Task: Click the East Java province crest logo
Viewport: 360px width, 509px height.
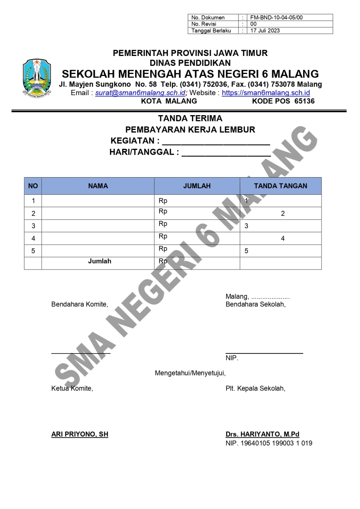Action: coord(37,77)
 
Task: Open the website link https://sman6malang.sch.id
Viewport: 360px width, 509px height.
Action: coord(266,93)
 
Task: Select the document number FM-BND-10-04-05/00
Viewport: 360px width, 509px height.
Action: coord(276,18)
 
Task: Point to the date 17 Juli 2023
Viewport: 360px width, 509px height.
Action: coord(265,30)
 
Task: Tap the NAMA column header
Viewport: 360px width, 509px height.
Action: coord(98,186)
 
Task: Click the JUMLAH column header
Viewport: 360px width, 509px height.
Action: coord(197,186)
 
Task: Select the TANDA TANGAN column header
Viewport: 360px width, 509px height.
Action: coord(280,186)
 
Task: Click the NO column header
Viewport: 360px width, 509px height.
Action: coord(33,186)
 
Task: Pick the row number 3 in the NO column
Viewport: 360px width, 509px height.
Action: coord(33,226)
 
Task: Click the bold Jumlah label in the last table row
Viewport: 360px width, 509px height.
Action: coord(100,261)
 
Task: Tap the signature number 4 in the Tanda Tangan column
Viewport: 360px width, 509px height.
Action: coord(283,239)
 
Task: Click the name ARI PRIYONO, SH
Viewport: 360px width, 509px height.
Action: coord(80,434)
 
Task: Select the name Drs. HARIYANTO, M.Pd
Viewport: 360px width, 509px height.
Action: coord(262,434)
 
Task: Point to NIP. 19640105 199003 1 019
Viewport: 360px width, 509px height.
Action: coord(269,443)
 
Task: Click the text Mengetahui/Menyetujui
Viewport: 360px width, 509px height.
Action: coord(190,373)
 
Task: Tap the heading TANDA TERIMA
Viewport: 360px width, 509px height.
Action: coord(190,118)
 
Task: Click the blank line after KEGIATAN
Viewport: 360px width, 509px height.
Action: coord(216,142)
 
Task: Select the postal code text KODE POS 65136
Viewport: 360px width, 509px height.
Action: coord(283,101)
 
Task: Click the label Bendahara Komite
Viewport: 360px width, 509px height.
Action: coord(80,304)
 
